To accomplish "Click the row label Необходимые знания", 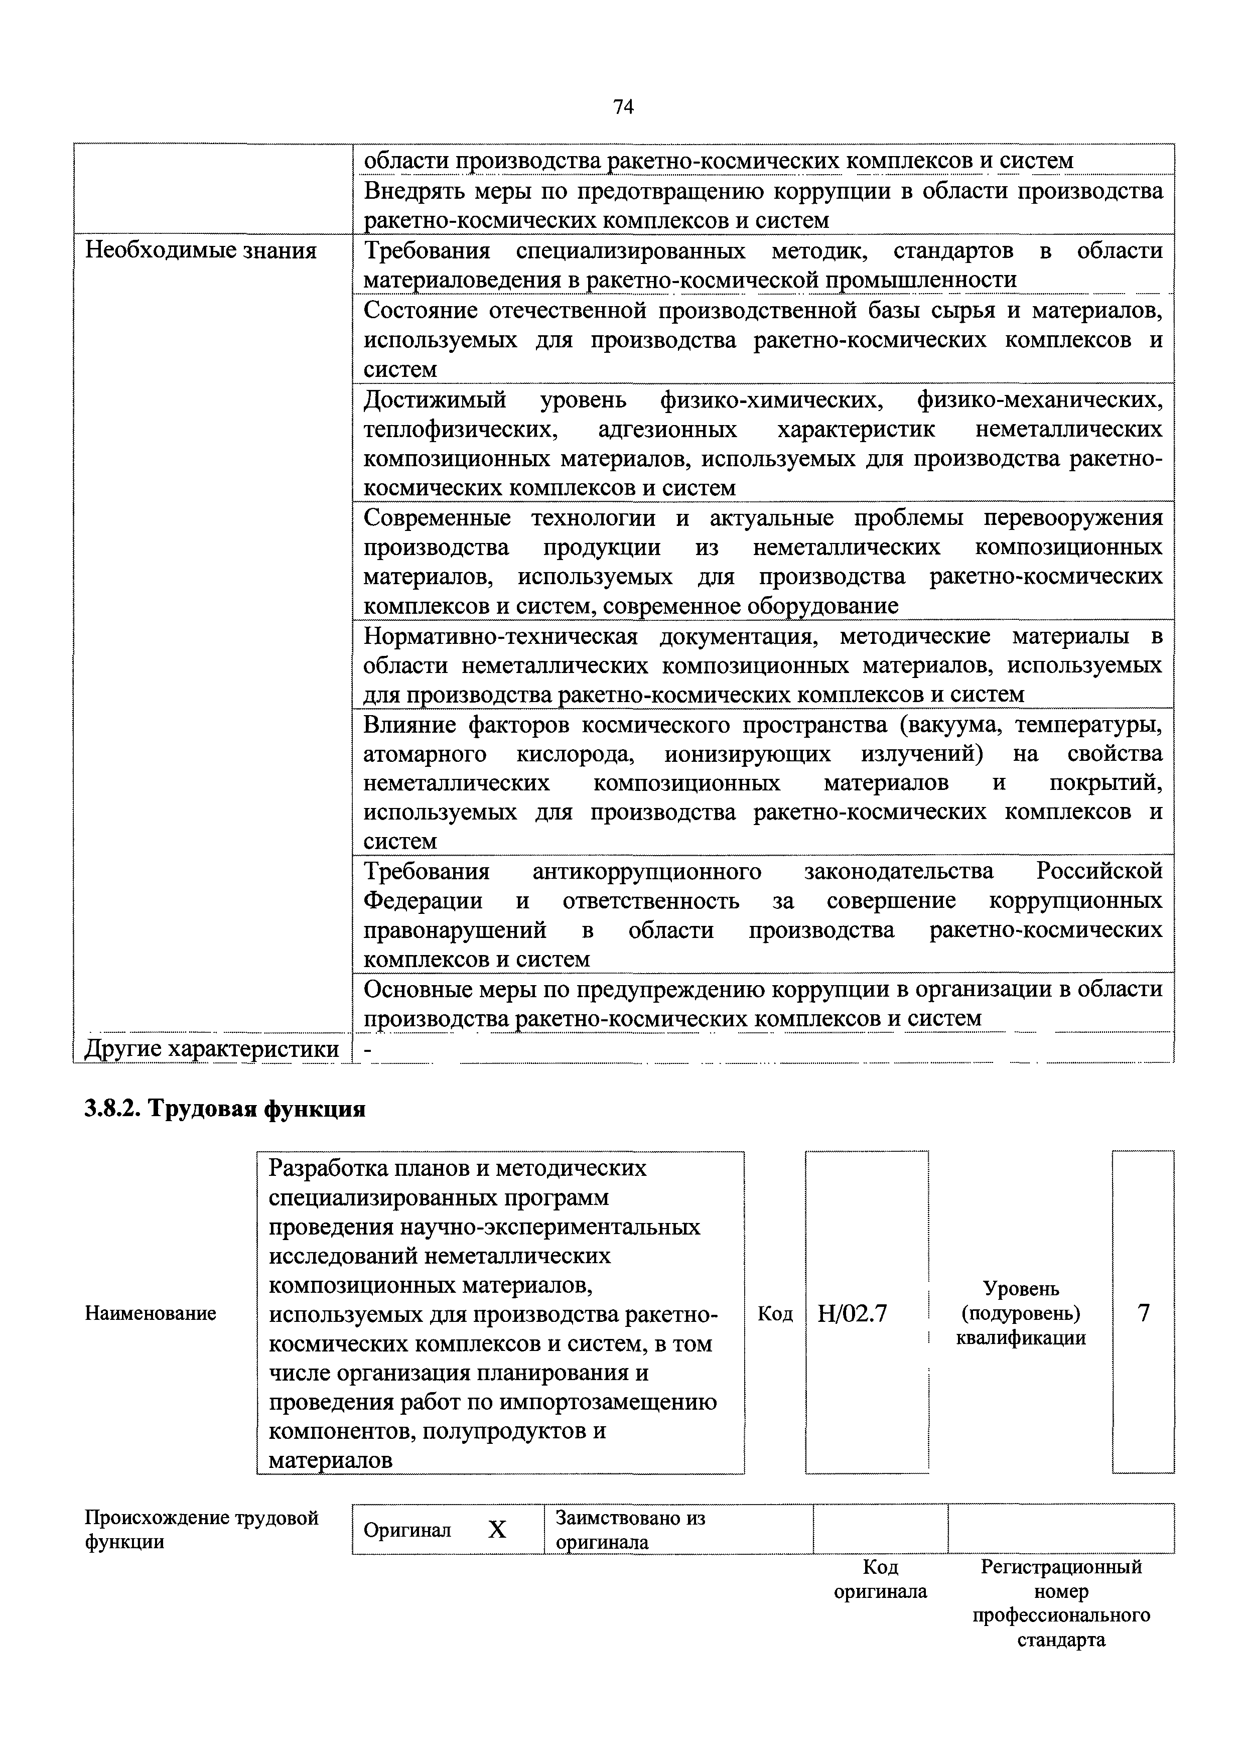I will (200, 251).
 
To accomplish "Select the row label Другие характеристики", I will (212, 1048).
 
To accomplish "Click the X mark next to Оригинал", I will (497, 1530).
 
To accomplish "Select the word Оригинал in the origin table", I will (407, 1530).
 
